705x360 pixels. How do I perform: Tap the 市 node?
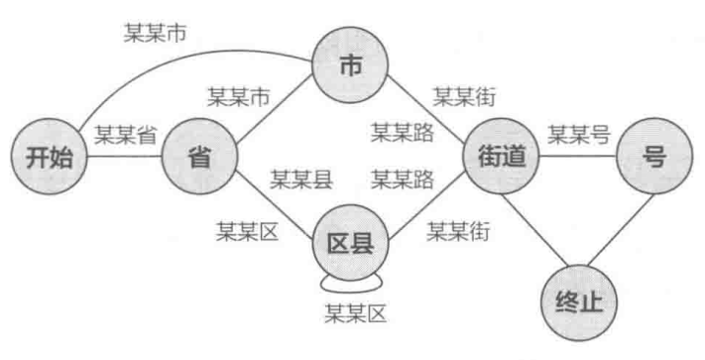(349, 64)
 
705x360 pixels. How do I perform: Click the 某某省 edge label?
(126, 136)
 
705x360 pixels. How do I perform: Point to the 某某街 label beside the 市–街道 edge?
(464, 95)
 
